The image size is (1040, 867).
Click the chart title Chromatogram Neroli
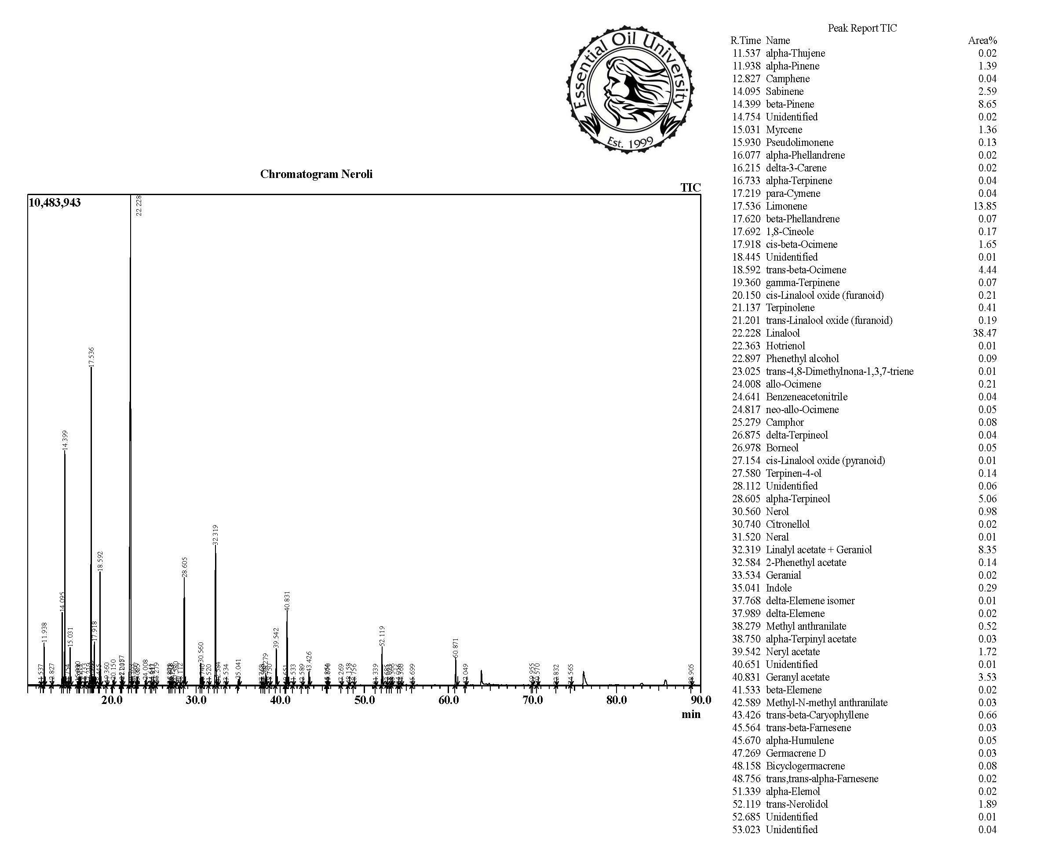pyautogui.click(x=316, y=174)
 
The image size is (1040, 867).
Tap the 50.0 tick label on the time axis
pyautogui.click(x=365, y=700)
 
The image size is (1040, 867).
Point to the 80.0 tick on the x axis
pyautogui.click(x=617, y=700)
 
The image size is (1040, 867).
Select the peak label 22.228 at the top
pyautogui.click(x=139, y=205)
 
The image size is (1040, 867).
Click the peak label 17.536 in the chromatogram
pyautogui.click(x=91, y=357)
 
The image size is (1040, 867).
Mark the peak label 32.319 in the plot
pyautogui.click(x=215, y=535)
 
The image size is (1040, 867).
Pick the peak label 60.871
pyautogui.click(x=456, y=648)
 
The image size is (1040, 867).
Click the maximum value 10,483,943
pyautogui.click(x=55, y=203)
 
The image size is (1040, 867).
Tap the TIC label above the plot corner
pyautogui.click(x=690, y=188)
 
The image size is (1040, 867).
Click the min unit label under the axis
pyautogui.click(x=691, y=714)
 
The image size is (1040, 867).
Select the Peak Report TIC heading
pyautogui.click(x=862, y=28)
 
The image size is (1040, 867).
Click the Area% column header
pyautogui.click(x=982, y=40)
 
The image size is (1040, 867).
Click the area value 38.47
pyautogui.click(x=985, y=333)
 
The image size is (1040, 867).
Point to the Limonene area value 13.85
pyautogui.click(x=985, y=206)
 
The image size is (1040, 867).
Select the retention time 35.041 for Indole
pyautogui.click(x=746, y=588)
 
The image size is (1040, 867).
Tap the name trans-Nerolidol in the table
pyautogui.click(x=796, y=804)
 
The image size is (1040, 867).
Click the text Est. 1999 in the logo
pyautogui.click(x=630, y=143)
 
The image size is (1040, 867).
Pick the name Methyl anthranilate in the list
pyautogui.click(x=806, y=626)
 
